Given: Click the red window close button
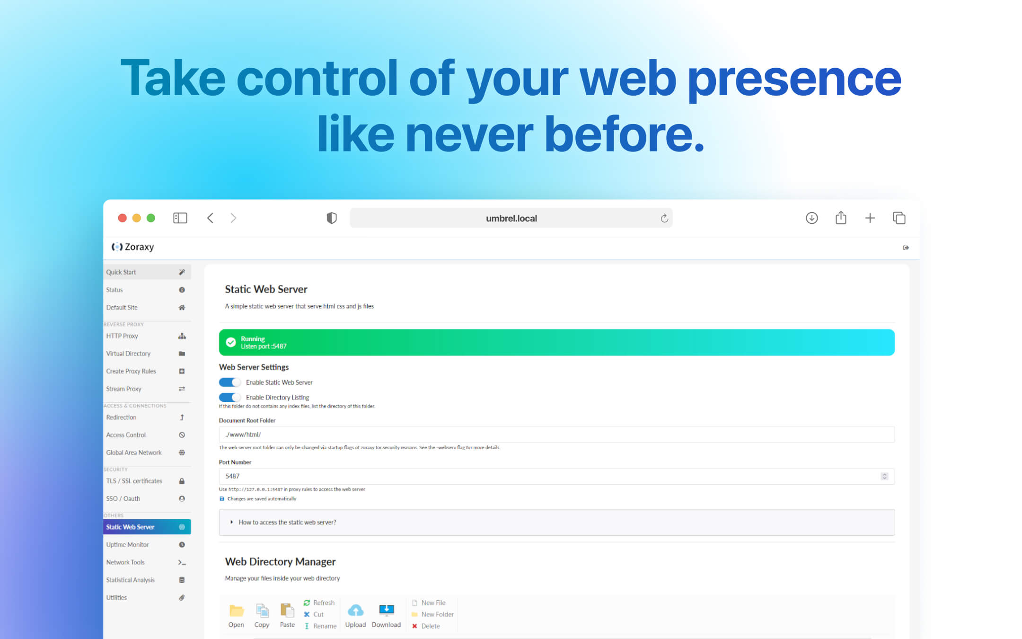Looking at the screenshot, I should (x=122, y=218).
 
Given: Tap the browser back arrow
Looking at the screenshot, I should (x=211, y=218).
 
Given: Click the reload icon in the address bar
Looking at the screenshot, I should (x=664, y=218).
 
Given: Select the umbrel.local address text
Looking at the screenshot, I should (x=511, y=218).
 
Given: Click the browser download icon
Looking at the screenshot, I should (x=811, y=218).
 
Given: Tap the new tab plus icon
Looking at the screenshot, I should (x=870, y=218).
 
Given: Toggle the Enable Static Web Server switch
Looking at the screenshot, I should (x=230, y=382).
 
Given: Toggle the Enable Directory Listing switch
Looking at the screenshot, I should (x=230, y=398).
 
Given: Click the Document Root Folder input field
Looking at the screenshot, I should (x=556, y=435).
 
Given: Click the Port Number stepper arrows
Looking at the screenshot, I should (x=884, y=476).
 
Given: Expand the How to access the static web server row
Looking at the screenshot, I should (x=287, y=523).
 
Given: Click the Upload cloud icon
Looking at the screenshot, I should (x=355, y=610).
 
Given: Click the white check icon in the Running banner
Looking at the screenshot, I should (x=231, y=342).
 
